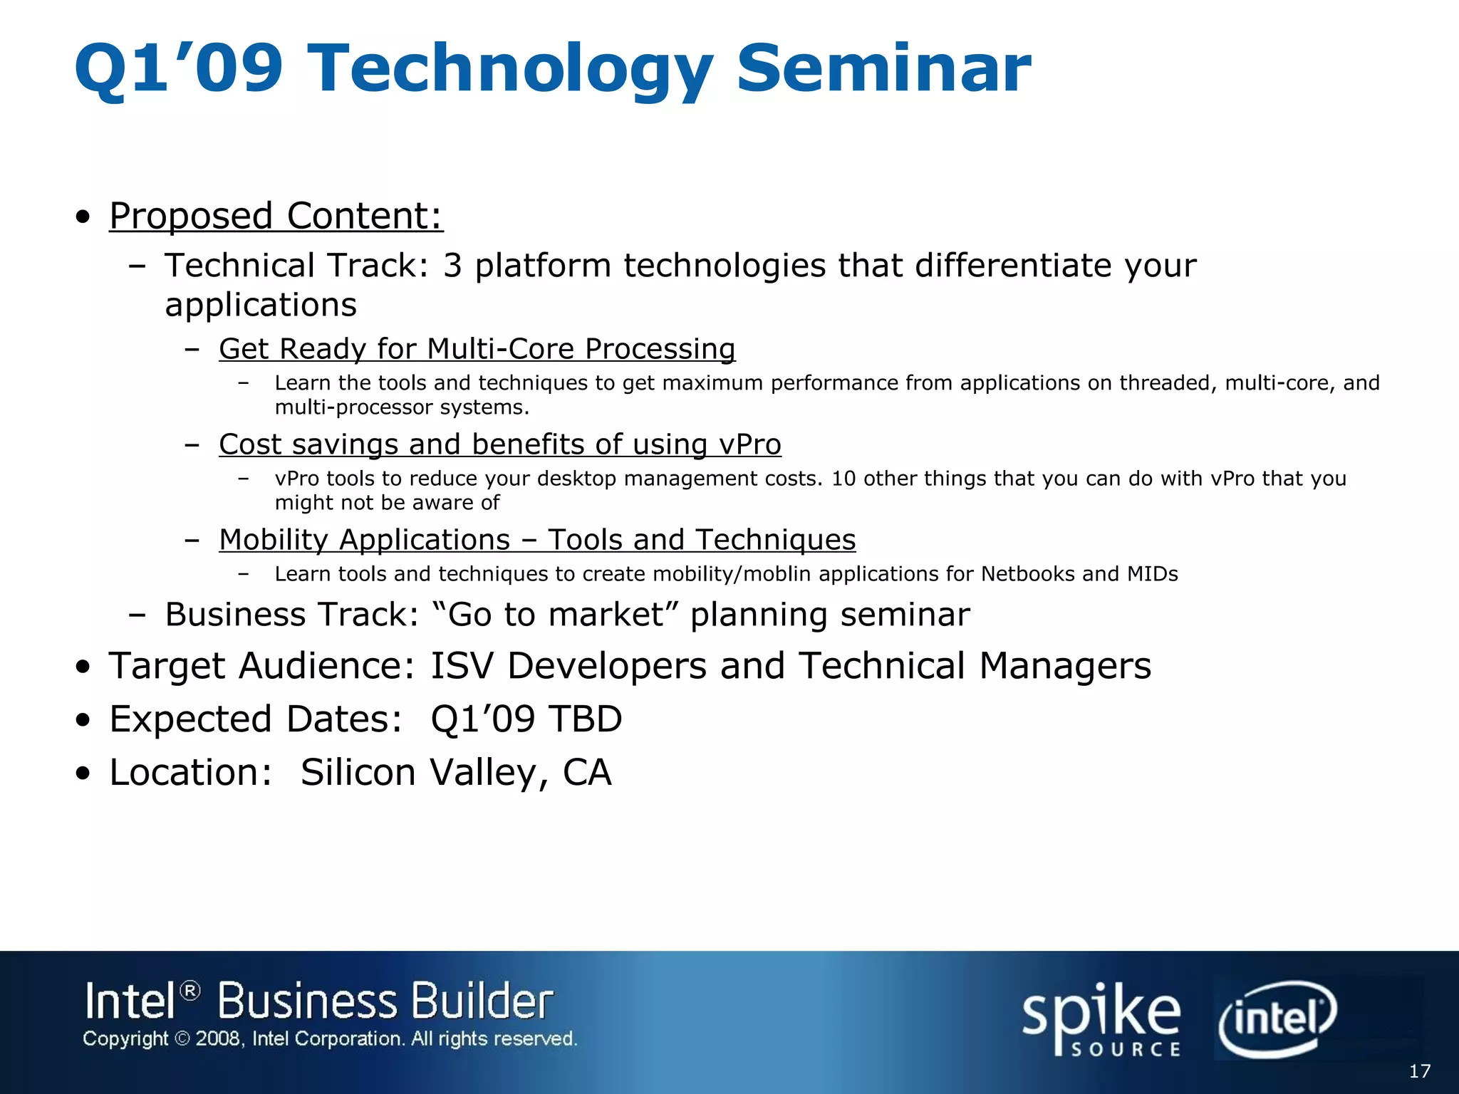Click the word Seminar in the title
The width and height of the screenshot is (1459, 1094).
(883, 68)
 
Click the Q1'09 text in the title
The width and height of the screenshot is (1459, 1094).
(178, 68)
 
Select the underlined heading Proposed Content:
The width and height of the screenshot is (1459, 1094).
(276, 216)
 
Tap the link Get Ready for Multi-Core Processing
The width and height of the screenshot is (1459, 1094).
(477, 349)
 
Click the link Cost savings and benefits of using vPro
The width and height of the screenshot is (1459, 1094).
(499, 444)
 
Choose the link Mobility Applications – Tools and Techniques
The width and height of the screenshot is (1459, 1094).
(537, 540)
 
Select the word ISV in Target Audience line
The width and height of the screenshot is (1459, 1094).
(462, 667)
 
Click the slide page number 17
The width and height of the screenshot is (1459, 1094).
(1419, 1071)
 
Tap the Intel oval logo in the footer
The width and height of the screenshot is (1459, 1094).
(1277, 1019)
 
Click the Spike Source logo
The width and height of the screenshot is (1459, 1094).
(1101, 1019)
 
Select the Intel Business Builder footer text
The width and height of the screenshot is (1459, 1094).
(318, 1001)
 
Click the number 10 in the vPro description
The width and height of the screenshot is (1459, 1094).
(843, 479)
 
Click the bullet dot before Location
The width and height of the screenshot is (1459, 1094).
(84, 774)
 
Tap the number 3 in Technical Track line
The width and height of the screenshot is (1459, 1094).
(452, 266)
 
